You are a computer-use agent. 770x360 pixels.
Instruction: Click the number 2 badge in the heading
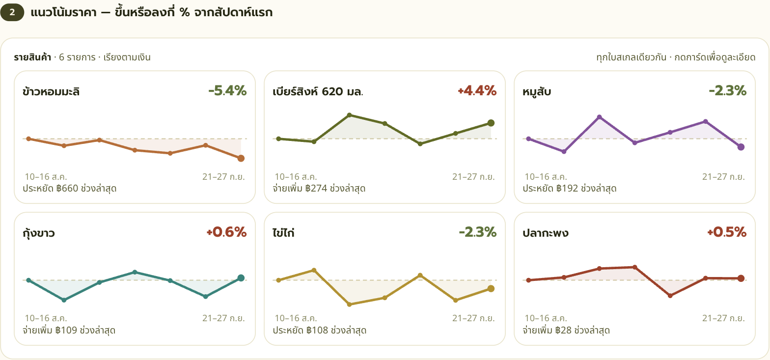[x=12, y=12]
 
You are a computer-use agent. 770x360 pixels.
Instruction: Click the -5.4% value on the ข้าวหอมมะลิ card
[x=227, y=91]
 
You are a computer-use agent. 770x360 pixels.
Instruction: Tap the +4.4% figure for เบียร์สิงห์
[x=477, y=91]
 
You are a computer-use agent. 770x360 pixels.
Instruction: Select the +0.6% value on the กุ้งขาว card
[x=226, y=232]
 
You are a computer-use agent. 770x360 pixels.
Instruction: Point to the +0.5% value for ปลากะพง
[x=727, y=232]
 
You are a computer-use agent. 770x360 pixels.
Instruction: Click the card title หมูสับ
[x=537, y=92]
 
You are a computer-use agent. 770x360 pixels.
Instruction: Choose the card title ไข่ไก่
[x=284, y=233]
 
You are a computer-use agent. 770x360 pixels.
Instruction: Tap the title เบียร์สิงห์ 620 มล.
[x=318, y=91]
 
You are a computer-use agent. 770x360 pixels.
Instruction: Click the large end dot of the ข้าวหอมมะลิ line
[x=241, y=158]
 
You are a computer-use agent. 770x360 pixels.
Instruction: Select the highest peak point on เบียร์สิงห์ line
[x=349, y=115]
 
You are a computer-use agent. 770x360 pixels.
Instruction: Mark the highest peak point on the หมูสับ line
[x=600, y=117]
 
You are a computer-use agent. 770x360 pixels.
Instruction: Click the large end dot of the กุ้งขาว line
[x=241, y=278]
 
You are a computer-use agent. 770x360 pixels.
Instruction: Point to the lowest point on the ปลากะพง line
[x=670, y=296]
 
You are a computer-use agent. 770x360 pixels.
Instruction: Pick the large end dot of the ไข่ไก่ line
[x=491, y=288]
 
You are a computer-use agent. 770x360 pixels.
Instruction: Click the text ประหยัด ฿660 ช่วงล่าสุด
[x=70, y=189]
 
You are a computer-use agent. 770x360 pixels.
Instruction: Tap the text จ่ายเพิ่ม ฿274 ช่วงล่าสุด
[x=319, y=189]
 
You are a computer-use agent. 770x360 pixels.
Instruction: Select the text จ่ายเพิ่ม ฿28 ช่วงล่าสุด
[x=566, y=331]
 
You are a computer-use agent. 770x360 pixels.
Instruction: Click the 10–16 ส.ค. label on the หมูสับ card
[x=546, y=177]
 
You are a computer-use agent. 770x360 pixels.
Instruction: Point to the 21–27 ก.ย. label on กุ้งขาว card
[x=223, y=318]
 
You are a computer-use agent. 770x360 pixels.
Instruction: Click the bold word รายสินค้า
[x=32, y=57]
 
